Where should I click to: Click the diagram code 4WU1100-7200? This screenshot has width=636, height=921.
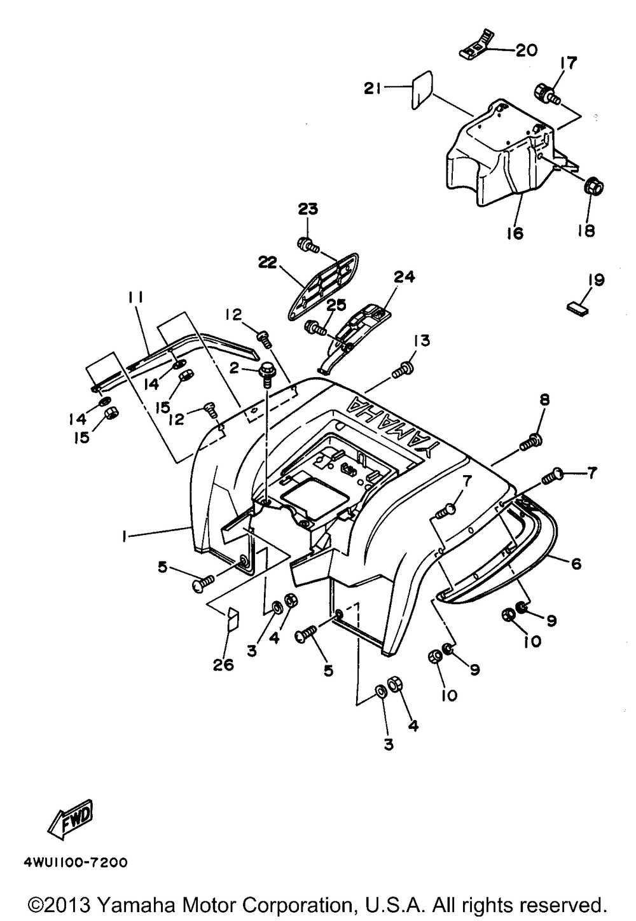tap(76, 863)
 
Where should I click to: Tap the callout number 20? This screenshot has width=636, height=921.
tap(526, 50)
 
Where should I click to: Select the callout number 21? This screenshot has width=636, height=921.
tap(373, 90)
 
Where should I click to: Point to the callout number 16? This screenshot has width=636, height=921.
tap(515, 233)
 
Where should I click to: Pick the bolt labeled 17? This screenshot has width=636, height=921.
tap(548, 94)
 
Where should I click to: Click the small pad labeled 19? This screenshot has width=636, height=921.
tap(577, 308)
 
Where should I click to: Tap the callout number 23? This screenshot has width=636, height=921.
tap(308, 210)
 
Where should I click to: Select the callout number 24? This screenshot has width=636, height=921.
tap(404, 277)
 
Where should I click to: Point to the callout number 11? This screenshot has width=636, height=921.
tap(135, 298)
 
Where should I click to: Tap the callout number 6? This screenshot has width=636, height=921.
tap(576, 564)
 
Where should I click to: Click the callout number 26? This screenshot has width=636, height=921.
tap(224, 665)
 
